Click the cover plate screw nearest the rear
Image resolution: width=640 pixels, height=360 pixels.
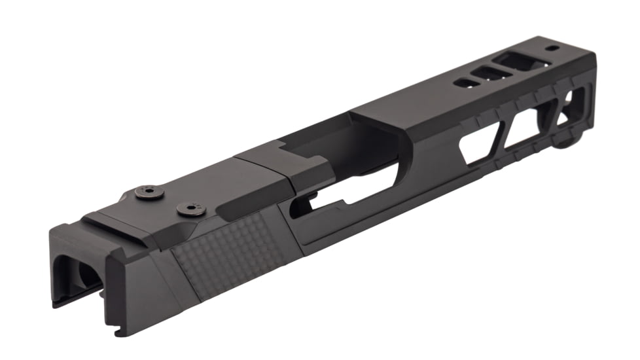pos(145,192)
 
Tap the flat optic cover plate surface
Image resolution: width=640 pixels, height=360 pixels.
pos(196,183)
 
